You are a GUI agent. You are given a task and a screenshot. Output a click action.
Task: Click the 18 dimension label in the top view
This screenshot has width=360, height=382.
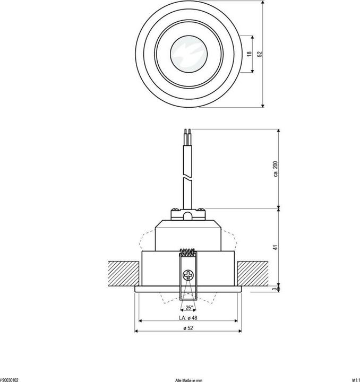pos(248,54)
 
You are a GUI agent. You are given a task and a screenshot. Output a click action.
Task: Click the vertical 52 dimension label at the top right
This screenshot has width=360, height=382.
pos(259,54)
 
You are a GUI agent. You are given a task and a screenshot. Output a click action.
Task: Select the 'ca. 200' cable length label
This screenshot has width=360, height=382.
pos(276,169)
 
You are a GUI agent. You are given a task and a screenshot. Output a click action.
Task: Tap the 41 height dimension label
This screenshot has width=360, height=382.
pos(276,247)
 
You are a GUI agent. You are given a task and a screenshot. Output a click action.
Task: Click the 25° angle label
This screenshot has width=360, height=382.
pos(189,308)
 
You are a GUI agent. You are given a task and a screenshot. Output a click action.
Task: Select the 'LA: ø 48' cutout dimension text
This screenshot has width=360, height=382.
pos(189,318)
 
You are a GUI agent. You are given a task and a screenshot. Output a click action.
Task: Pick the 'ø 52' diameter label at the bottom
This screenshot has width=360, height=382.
pos(189,328)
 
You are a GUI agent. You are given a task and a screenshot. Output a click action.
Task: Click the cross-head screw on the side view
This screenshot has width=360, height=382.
pos(188,275)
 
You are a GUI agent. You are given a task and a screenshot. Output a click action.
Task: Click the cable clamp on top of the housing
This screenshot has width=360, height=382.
pos(187,214)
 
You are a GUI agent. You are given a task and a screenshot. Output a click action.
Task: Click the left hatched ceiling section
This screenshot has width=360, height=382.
pos(124,273)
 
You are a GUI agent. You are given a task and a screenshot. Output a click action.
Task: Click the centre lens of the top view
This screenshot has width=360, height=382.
pos(188,54)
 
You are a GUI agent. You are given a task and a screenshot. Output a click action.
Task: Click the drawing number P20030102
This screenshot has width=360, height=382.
pos(10,379)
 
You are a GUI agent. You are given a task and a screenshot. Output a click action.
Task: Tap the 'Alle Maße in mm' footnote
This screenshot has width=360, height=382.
pos(188,379)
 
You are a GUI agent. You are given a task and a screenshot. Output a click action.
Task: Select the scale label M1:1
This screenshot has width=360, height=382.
pos(355,379)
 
